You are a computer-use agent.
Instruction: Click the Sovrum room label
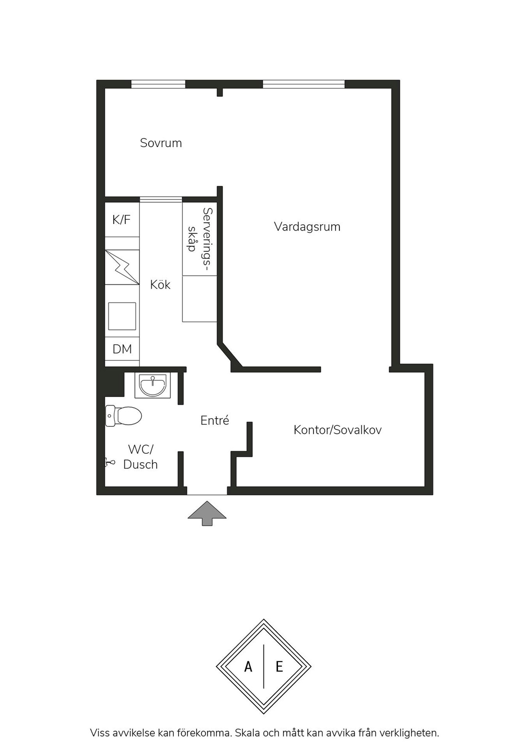coord(161,143)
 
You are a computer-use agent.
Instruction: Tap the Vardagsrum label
coord(307,227)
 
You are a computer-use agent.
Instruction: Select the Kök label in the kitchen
coord(160,284)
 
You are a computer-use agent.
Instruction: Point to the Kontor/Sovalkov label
coord(338,430)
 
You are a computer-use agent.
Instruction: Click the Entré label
coord(214,420)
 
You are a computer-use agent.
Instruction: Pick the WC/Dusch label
coord(140,457)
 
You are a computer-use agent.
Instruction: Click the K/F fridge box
coord(122,219)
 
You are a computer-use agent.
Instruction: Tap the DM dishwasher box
coord(122,349)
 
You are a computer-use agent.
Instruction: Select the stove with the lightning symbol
coord(122,267)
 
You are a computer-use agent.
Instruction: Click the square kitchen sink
coord(122,316)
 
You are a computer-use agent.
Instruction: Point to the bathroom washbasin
coord(153,385)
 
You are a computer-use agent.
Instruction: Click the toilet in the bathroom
coord(123,416)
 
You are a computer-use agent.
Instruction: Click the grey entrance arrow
coord(207,513)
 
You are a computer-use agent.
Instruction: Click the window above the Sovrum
coord(158,84)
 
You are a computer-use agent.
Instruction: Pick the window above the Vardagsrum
coord(304,84)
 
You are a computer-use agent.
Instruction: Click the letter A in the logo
coord(248,667)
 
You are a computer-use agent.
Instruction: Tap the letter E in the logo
coord(279,667)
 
